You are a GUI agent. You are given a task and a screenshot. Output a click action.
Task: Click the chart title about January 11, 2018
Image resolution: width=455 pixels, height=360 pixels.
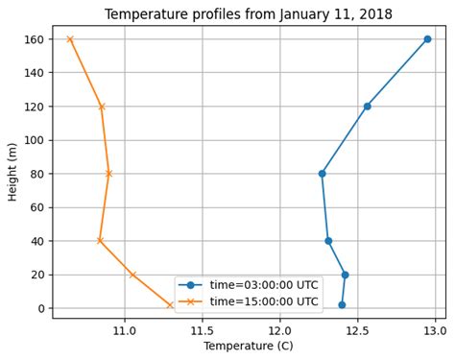[248, 14]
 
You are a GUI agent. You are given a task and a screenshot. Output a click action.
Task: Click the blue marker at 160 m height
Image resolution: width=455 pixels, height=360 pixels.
[427, 39]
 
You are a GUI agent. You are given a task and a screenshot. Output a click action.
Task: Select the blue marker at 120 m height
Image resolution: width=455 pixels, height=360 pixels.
[367, 107]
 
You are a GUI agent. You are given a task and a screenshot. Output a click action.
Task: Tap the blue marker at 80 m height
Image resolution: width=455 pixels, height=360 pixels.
[322, 174]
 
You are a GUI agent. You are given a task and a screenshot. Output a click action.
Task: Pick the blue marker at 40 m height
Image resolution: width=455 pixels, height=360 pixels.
[328, 241]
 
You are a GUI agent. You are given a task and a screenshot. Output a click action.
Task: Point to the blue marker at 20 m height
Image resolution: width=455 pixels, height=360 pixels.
[345, 275]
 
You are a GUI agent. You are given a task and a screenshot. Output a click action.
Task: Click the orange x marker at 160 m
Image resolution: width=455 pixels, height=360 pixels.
[70, 39]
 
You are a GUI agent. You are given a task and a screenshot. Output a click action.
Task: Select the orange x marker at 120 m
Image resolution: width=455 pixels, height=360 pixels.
[102, 107]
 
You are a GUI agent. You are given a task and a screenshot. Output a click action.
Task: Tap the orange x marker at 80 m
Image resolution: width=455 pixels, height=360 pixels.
[108, 174]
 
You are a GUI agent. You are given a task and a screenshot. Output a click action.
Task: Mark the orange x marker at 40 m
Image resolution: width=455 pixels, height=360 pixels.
[100, 241]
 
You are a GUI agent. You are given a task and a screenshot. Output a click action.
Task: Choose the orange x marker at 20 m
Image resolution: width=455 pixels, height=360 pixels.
[132, 275]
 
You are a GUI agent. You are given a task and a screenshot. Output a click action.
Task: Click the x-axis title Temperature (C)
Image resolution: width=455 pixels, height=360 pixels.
[248, 347]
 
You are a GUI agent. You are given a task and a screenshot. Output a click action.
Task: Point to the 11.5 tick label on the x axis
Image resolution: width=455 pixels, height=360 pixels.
[203, 330]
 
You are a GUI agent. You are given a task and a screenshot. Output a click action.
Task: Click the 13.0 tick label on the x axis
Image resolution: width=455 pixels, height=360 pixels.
[435, 330]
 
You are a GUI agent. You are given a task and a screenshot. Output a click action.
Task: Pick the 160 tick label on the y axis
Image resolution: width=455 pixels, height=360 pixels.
[36, 39]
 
